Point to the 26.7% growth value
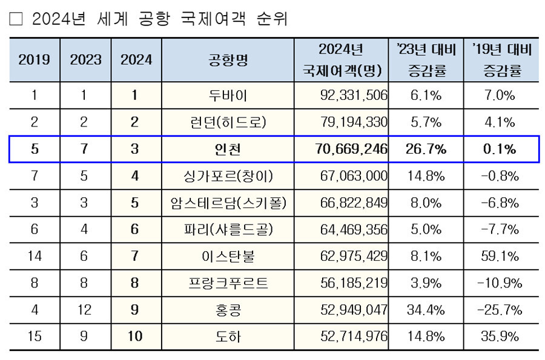tap(425, 149)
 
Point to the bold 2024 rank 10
tap(135, 336)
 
